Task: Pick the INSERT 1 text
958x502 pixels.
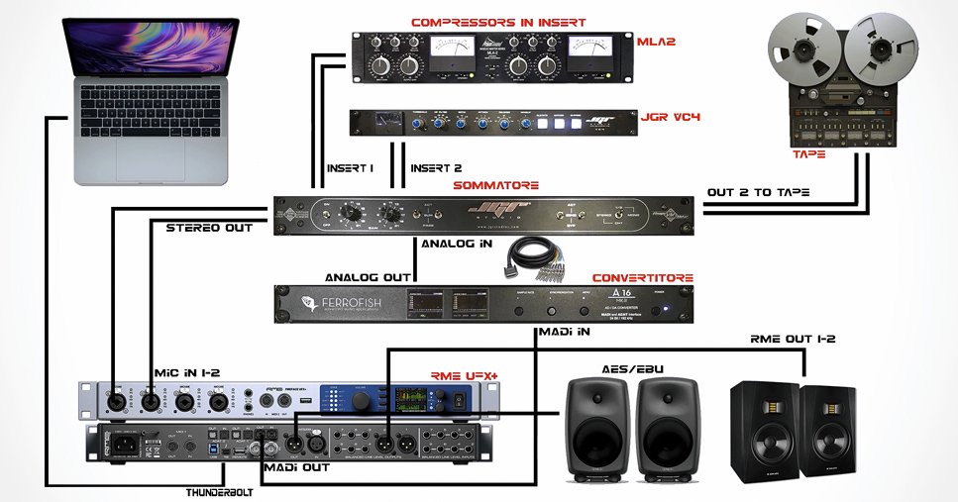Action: (350, 168)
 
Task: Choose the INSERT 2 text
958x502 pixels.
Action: (436, 168)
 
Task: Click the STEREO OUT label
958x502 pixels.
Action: (212, 228)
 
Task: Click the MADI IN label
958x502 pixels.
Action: (563, 332)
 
